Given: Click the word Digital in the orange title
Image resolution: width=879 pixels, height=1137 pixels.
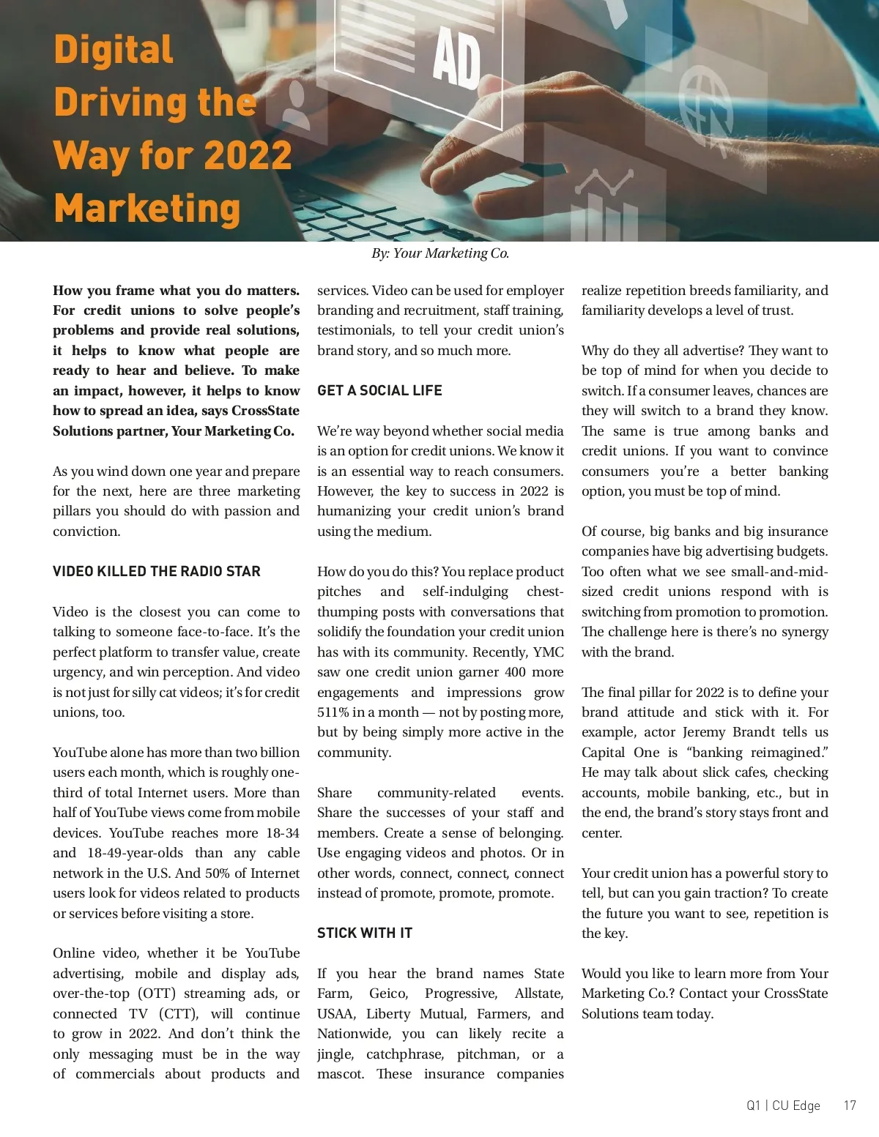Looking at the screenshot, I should point(114,50).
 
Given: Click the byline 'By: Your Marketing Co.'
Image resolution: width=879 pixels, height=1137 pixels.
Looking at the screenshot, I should point(439,253).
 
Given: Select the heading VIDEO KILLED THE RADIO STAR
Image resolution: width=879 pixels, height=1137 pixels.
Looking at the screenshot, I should point(156,571).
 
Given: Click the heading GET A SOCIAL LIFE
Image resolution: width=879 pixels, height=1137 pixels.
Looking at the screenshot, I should point(379,390).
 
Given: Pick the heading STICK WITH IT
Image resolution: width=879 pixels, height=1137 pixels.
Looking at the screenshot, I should point(364,933).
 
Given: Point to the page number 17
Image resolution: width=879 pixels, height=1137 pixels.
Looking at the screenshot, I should point(849,1106).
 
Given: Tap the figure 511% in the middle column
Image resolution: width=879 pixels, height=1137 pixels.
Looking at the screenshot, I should point(334,712).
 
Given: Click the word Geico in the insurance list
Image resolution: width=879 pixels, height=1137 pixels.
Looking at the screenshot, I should point(388,994).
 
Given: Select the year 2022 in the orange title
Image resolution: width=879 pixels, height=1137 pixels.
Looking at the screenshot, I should point(248,155).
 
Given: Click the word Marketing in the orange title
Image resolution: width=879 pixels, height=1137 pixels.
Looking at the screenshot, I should point(147,209).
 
